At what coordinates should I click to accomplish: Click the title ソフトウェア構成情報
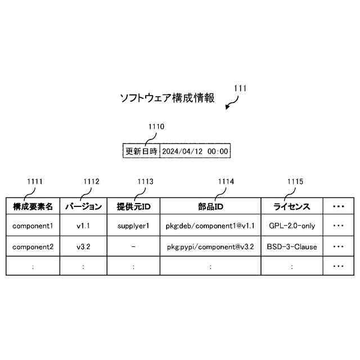167,98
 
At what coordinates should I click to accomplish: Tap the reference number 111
240,88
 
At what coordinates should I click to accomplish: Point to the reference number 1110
156,127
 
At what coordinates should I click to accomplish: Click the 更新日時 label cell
141,151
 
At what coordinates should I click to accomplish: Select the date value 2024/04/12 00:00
195,151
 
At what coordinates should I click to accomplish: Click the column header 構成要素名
33,206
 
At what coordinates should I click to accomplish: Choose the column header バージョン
83,206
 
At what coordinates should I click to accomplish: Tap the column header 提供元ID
133,206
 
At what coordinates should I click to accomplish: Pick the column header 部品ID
210,206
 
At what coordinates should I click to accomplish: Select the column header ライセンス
292,206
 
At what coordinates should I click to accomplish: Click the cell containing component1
33,226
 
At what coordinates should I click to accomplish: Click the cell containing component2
33,246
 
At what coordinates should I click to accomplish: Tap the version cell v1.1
83,226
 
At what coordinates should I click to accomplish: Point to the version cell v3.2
83,246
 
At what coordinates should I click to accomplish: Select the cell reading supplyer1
133,226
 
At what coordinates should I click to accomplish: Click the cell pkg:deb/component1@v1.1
210,226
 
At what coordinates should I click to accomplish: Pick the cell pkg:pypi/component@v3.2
210,246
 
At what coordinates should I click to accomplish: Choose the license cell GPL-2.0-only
292,226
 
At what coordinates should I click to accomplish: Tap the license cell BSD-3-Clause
292,246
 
